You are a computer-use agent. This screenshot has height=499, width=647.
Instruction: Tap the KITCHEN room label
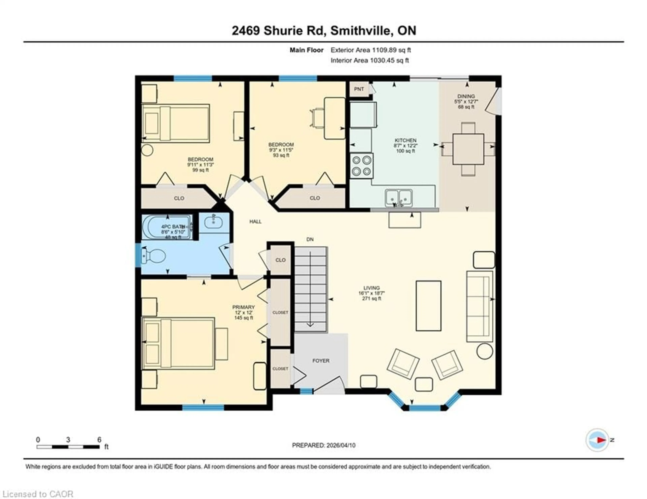(405, 140)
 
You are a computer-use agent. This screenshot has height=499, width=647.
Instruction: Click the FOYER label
(321, 360)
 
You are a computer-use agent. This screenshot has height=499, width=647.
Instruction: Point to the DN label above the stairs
(310, 239)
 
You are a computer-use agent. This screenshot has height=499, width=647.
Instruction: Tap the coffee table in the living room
(428, 306)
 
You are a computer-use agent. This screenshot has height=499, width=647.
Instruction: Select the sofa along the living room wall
(479, 306)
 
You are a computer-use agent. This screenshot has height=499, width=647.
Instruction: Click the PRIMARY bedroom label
(243, 307)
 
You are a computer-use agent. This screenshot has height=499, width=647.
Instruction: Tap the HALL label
(255, 221)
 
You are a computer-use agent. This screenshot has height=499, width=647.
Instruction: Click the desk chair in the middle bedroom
(317, 118)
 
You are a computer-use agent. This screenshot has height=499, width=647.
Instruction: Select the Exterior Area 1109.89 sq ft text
(370, 50)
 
